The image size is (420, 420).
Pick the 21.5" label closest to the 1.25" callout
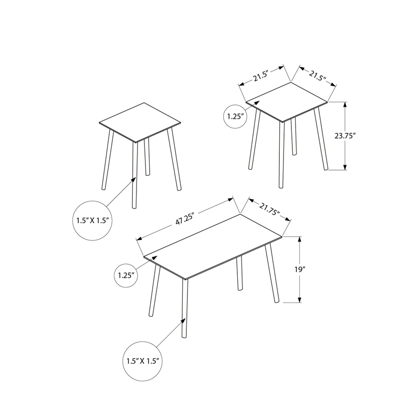tap(260, 77)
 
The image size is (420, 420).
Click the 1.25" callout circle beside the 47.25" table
tap(127, 274)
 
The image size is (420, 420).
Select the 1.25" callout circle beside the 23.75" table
tap(235, 116)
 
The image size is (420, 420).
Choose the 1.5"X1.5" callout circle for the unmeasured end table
tap(92, 220)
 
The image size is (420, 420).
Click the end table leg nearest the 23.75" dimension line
tap(321, 139)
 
